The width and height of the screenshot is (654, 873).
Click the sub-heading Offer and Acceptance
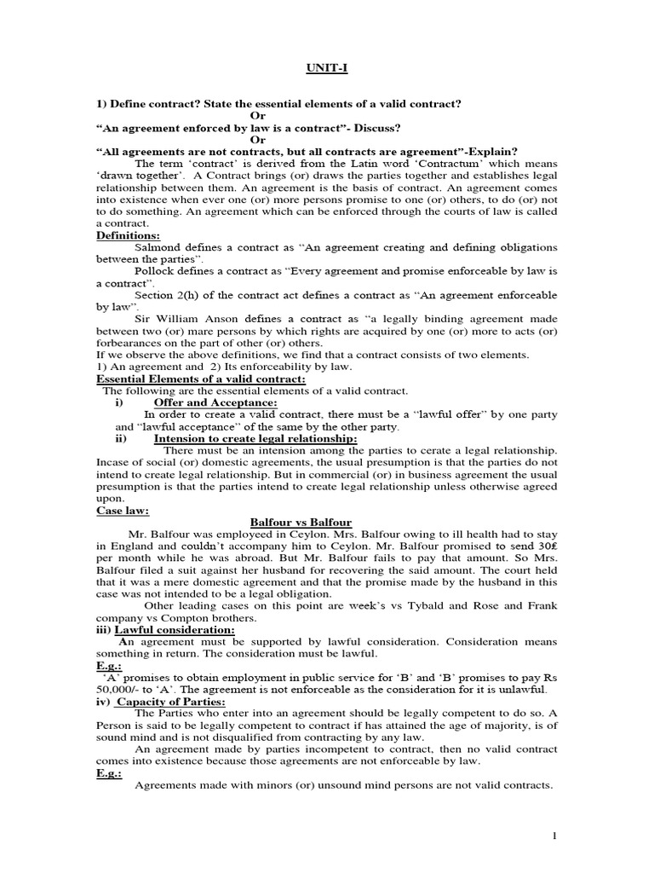coord(215,402)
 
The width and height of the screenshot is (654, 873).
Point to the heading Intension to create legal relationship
coord(255,438)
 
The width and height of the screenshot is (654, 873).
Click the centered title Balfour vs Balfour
coord(301,522)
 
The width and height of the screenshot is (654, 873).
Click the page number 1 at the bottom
coord(554,836)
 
